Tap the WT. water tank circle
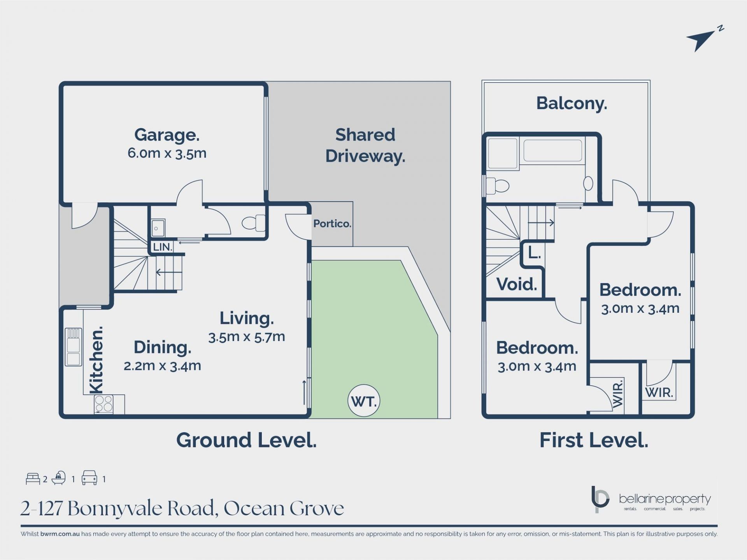coord(363,401)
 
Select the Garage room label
coord(167,135)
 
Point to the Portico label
coord(332,224)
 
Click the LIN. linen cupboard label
coord(162,247)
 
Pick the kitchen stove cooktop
coord(103,404)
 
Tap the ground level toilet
coord(253,223)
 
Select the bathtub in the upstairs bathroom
coord(552,150)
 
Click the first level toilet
coord(498,186)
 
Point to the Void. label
coord(517,284)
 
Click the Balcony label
coord(572,103)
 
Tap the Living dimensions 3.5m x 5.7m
coord(247,337)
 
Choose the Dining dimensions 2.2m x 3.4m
coord(162,366)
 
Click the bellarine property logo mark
coord(600,499)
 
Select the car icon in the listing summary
coord(89,478)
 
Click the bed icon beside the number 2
coord(33,479)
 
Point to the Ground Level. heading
coord(246,440)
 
